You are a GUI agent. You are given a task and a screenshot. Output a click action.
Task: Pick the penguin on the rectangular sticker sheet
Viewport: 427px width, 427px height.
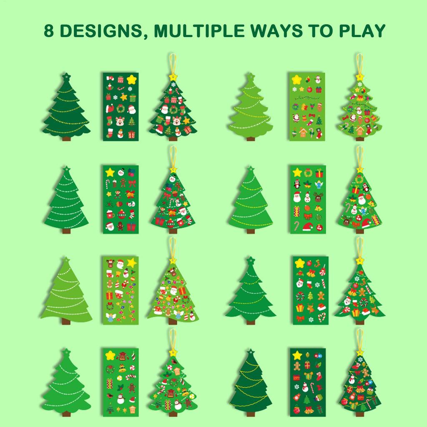[297, 183]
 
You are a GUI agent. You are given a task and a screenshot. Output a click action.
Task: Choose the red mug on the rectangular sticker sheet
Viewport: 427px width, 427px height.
[110, 215]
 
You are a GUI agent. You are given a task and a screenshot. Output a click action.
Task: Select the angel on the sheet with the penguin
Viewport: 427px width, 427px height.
[319, 185]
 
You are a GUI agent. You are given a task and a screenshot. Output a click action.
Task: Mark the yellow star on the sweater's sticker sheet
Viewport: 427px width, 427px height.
[111, 355]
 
